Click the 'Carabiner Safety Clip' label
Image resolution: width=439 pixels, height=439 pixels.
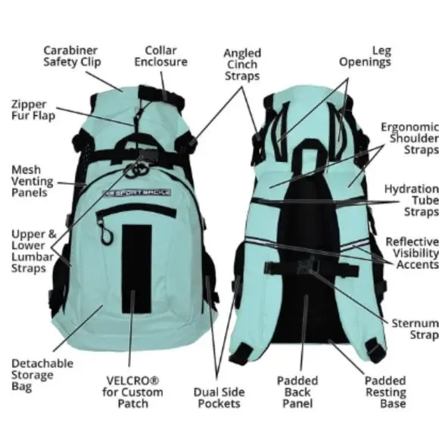click(72, 56)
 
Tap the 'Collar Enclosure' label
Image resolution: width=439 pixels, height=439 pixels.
click(160, 56)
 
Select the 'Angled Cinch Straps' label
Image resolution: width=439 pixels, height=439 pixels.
click(242, 64)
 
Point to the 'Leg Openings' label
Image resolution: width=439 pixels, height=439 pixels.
click(365, 56)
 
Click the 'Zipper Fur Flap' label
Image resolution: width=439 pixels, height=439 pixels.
click(33, 110)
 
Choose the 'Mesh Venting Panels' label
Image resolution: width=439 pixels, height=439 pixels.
click(33, 181)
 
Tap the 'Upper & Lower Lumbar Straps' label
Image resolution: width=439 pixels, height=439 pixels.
click(33, 251)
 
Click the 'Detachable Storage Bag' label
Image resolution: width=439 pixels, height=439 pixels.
click(42, 375)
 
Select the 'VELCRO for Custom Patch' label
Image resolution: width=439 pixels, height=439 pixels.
click(132, 392)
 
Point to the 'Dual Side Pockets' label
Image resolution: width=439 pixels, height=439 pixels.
click(219, 398)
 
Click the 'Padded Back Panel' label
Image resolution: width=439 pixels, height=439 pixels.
click(297, 392)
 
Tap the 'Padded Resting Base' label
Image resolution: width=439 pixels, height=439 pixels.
click(385, 392)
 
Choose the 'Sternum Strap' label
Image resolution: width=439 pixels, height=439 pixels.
click(415, 329)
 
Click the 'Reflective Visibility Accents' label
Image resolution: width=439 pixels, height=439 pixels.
click(412, 253)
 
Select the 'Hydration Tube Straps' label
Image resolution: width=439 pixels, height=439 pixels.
click(412, 200)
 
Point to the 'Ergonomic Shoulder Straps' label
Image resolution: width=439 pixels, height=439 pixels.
click(410, 139)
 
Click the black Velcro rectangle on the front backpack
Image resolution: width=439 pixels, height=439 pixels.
click(137, 269)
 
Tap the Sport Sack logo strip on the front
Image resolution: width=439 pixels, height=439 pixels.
click(137, 192)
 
